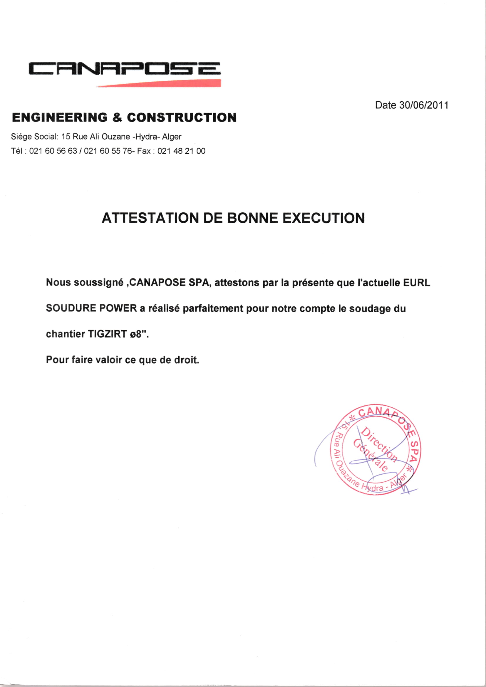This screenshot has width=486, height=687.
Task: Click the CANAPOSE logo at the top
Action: pyautogui.click(x=125, y=68)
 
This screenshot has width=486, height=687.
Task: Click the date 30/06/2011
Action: pyautogui.click(x=424, y=105)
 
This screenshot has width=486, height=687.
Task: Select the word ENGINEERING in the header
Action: pyautogui.click(x=60, y=117)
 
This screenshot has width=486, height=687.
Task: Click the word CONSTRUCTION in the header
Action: pyautogui.click(x=182, y=117)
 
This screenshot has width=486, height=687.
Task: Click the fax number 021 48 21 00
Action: pyautogui.click(x=181, y=151)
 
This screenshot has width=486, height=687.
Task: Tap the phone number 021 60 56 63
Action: pyautogui.click(x=53, y=151)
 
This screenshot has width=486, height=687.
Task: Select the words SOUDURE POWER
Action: pyautogui.click(x=91, y=308)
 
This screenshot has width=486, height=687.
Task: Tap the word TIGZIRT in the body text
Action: pyautogui.click(x=108, y=334)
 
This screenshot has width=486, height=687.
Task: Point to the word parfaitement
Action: pyautogui.click(x=213, y=308)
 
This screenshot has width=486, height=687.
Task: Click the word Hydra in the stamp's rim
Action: pyautogui.click(x=372, y=487)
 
